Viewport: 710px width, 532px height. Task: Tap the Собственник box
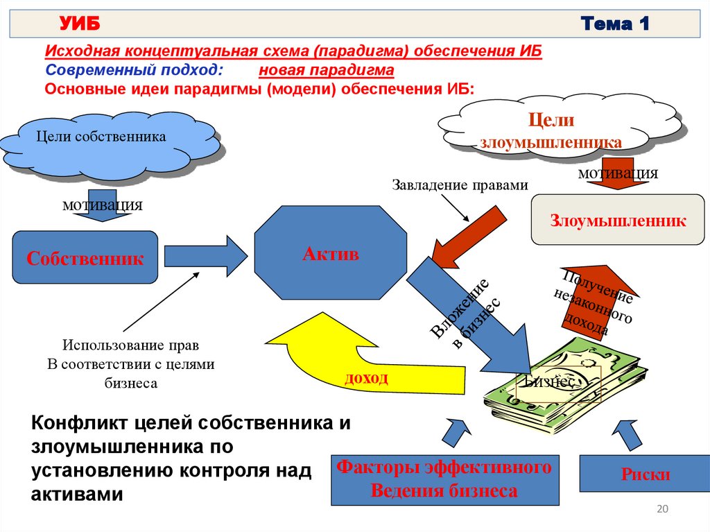(85, 258)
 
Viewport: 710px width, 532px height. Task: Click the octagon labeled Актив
(331, 254)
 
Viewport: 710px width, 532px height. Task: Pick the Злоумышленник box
(618, 221)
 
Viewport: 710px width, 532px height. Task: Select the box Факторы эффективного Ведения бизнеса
(444, 479)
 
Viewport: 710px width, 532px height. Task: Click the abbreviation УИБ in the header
(80, 25)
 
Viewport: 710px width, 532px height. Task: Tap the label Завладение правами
(460, 185)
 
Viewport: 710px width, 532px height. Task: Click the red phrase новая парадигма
(327, 71)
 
